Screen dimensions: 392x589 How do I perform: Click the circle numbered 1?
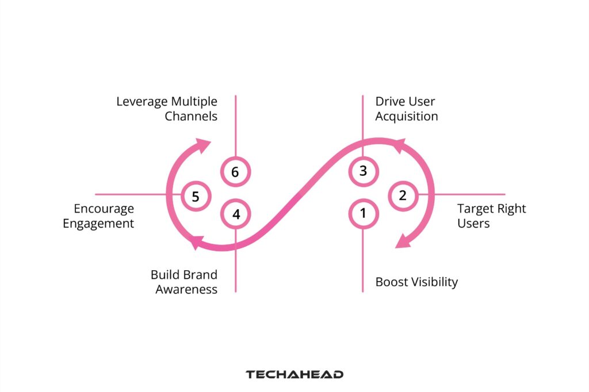pyautogui.click(x=363, y=214)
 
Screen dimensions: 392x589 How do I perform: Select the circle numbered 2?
pyautogui.click(x=403, y=195)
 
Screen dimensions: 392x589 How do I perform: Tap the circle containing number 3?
pyautogui.click(x=363, y=171)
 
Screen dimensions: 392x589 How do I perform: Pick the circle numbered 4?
pyautogui.click(x=236, y=214)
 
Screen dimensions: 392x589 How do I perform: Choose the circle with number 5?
pyautogui.click(x=196, y=197)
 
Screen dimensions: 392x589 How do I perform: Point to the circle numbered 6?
pyautogui.click(x=236, y=171)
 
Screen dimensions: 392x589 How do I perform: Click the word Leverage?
pyautogui.click(x=141, y=102)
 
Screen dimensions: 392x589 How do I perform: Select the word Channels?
pyautogui.click(x=191, y=116)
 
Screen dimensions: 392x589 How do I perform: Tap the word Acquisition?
pyautogui.click(x=407, y=116)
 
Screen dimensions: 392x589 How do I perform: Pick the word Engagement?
pyautogui.click(x=98, y=223)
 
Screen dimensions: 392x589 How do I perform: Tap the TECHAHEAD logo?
pyautogui.click(x=294, y=374)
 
